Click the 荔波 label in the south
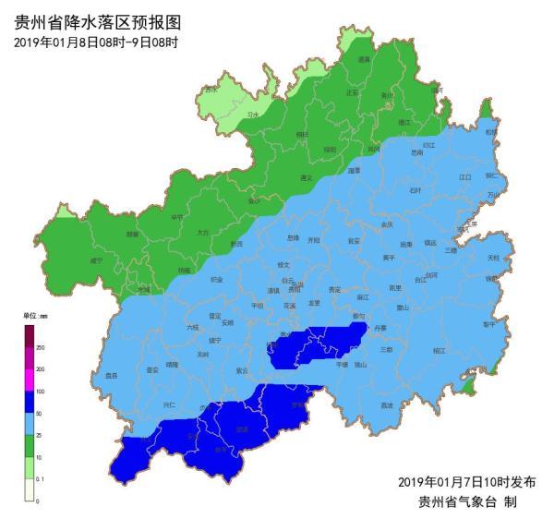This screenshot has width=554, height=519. click(386, 405)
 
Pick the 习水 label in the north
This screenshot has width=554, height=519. click(253, 115)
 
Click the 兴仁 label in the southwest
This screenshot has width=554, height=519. click(169, 404)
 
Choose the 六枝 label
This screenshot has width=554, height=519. click(192, 327)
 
